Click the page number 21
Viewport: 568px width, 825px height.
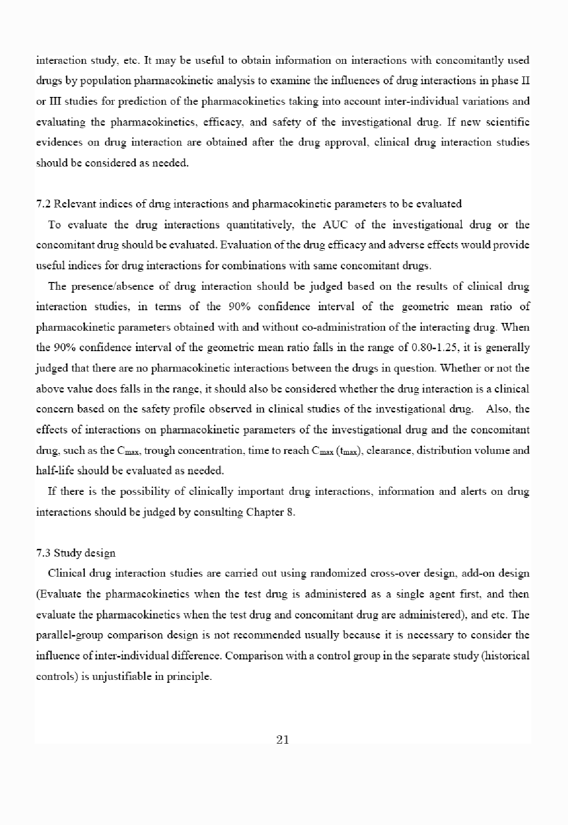point(283,740)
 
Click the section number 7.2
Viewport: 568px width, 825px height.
point(44,204)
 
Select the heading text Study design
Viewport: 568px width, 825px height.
point(85,553)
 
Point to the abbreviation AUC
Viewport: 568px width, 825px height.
point(334,225)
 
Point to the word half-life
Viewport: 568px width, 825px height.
point(55,470)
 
